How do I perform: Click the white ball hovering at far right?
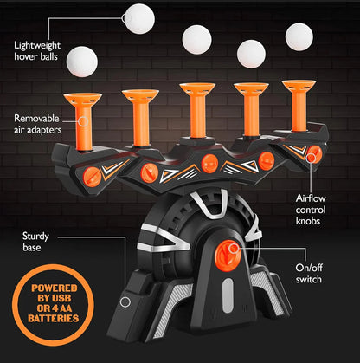click(x=300, y=36)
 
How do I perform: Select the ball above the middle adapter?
click(x=196, y=37)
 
